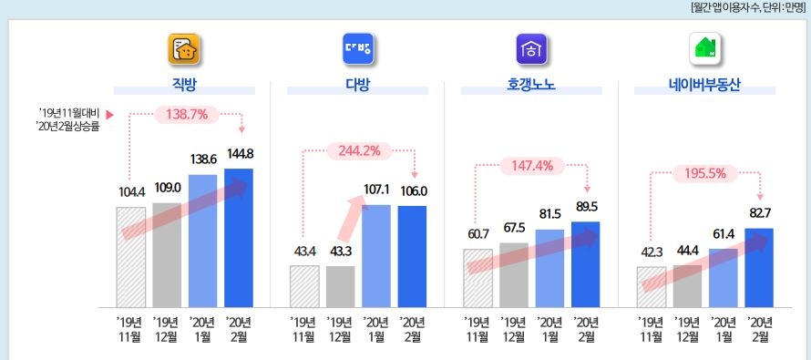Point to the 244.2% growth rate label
coord(359,150)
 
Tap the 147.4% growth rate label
coord(532,166)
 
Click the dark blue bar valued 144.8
coord(239,239)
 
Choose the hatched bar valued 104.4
coord(130,258)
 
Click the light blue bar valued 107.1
coord(375,256)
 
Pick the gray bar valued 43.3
coord(340,286)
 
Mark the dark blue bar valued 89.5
coord(586,264)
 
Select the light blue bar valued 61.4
coord(723,278)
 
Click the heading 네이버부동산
coord(704,87)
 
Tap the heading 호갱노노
coord(531,87)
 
